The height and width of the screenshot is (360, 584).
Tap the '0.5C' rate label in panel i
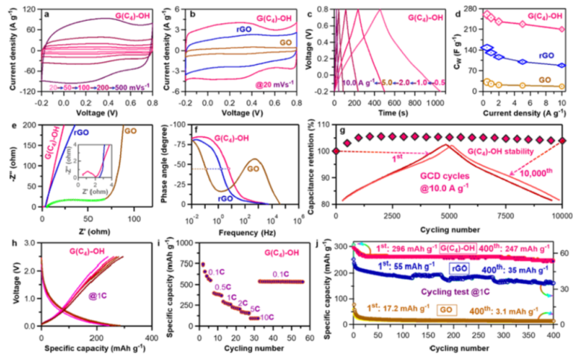pos(222,286)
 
